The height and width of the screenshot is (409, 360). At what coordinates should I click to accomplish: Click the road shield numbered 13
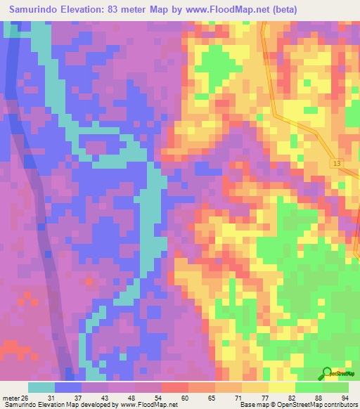(337, 163)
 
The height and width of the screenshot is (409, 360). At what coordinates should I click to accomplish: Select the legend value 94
(345, 397)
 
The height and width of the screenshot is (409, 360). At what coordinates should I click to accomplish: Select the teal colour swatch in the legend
(41, 387)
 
